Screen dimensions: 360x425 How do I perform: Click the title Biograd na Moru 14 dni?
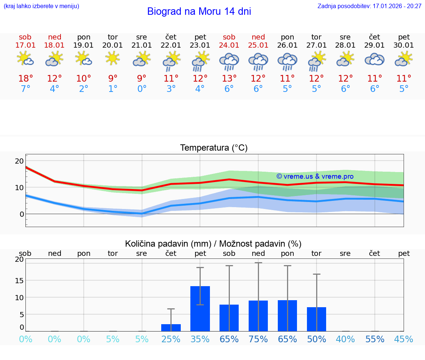click(199, 11)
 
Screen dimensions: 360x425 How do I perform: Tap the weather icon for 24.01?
click(229, 61)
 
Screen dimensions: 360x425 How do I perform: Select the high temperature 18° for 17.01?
click(25, 79)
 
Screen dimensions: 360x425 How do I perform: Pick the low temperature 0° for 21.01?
click(142, 89)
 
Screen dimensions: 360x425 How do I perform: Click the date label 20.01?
click(113, 45)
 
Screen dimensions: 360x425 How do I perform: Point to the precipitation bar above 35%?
click(200, 309)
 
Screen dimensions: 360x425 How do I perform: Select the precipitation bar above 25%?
click(171, 328)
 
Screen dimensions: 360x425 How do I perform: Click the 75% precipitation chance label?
click(258, 339)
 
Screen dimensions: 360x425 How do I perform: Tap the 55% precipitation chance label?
click(375, 339)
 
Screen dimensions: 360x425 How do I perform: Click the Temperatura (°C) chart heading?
click(214, 148)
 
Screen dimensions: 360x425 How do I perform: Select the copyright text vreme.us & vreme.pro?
click(315, 176)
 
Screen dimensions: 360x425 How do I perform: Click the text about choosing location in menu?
click(41, 6)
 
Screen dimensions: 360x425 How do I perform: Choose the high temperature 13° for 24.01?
click(229, 79)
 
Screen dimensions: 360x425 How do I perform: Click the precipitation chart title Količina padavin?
click(213, 244)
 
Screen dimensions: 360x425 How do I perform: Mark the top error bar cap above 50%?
click(317, 274)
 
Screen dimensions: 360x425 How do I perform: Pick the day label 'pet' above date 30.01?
click(404, 37)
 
